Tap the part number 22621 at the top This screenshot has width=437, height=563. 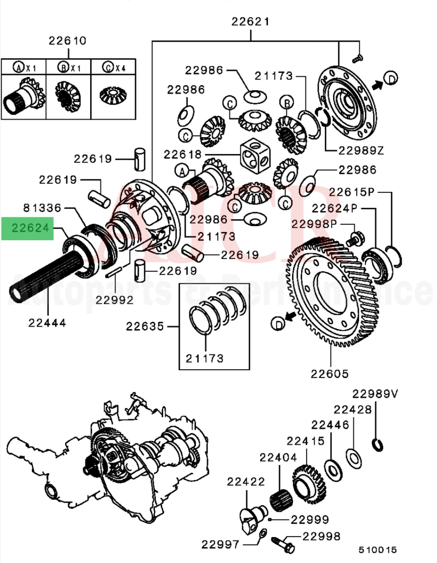coord(250,21)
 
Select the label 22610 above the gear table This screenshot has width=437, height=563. coord(68,40)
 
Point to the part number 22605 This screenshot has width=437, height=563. coord(329,373)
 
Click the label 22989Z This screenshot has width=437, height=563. coord(361,150)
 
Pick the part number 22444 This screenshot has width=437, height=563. coord(47,323)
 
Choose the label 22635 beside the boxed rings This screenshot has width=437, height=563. coord(145,326)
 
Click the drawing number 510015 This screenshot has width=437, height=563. coord(377,550)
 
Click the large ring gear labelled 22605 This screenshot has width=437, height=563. coord(336,291)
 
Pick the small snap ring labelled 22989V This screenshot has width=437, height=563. coord(378,445)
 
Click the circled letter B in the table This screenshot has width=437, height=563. coord(64,67)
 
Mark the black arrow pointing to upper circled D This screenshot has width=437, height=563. coord(377,84)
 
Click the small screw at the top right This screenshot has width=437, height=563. coord(357,59)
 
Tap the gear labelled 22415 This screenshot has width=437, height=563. coord(308,483)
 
